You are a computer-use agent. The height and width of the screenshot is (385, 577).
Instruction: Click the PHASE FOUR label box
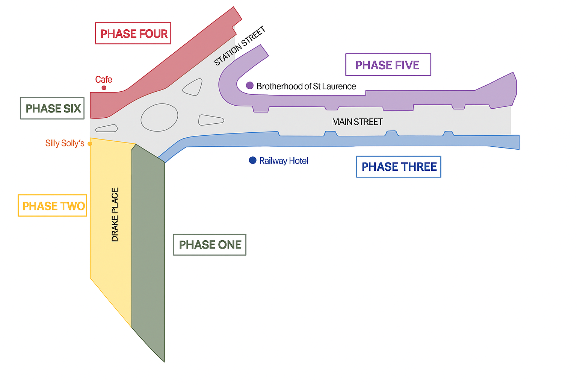pyautogui.click(x=133, y=33)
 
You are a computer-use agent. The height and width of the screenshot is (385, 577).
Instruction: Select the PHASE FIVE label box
pyautogui.click(x=388, y=65)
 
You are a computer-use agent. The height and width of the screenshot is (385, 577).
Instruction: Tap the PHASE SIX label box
pyautogui.click(x=52, y=108)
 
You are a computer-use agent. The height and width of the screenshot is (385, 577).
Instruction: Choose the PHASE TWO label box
pyautogui.click(x=53, y=206)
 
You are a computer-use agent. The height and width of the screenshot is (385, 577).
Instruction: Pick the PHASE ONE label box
pyautogui.click(x=210, y=245)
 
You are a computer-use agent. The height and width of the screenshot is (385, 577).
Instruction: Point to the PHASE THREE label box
pyautogui.click(x=399, y=167)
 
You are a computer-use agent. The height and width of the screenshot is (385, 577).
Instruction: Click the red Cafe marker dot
pyautogui.click(x=104, y=88)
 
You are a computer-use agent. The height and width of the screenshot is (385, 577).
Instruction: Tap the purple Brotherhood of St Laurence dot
pyautogui.click(x=250, y=85)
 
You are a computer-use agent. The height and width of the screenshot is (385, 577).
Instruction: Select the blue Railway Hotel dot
pyautogui.click(x=253, y=161)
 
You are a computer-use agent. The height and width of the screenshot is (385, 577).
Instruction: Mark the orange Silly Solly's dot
pyautogui.click(x=90, y=144)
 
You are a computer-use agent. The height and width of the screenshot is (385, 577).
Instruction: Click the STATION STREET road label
pyautogui.click(x=240, y=46)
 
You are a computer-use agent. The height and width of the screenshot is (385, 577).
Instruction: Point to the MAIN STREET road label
pyautogui.click(x=358, y=122)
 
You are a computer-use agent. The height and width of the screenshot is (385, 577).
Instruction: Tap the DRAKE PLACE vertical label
pyautogui.click(x=115, y=214)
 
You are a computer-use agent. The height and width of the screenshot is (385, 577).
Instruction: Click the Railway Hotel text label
pyautogui.click(x=284, y=161)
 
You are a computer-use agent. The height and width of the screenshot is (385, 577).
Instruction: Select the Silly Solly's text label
pyautogui.click(x=65, y=143)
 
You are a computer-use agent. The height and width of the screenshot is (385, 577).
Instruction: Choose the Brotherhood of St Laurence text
pyautogui.click(x=306, y=86)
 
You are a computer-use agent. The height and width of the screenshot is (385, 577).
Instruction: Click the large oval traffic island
pyautogui.click(x=159, y=118)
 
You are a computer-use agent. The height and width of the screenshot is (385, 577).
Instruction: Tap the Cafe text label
pyautogui.click(x=104, y=80)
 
